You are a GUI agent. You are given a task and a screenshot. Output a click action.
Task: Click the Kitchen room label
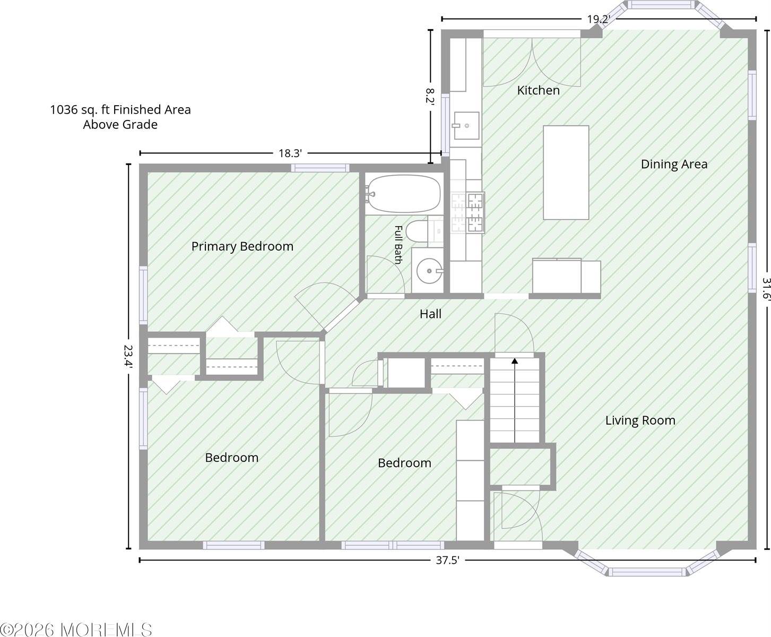538,90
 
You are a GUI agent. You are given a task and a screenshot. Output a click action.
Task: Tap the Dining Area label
674,164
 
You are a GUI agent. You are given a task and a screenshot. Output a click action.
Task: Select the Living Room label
640,420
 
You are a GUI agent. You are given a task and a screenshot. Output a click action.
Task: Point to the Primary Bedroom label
242,246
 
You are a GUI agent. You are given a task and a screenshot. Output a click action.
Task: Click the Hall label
430,314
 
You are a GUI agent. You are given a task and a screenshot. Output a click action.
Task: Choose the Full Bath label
398,245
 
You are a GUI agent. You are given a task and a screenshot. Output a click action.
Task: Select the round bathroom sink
429,271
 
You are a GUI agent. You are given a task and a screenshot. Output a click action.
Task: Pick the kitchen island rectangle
566,173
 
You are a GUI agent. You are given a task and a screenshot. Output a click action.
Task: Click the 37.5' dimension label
447,560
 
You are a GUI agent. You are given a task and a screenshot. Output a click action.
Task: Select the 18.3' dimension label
290,153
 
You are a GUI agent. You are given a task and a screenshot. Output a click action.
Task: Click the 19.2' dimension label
599,19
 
